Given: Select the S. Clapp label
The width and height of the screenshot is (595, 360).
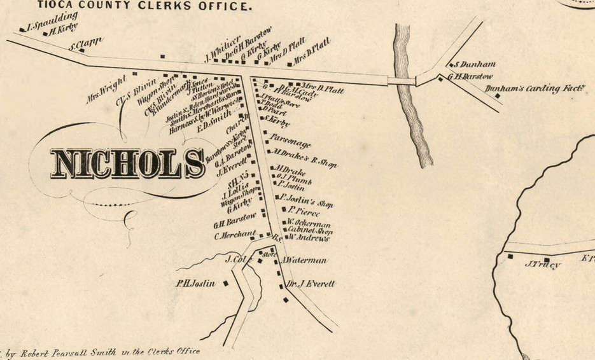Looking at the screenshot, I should pos(86,45).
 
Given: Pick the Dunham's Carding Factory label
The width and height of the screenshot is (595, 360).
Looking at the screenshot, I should pos(535,88).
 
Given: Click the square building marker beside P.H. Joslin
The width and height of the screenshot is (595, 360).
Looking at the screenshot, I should pos(225,284).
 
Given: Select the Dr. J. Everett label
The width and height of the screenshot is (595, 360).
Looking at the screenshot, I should pos(310,284).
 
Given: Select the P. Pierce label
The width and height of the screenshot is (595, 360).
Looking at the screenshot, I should pos(304,211).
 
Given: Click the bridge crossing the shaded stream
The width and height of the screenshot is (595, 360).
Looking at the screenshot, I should pos(402,81).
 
